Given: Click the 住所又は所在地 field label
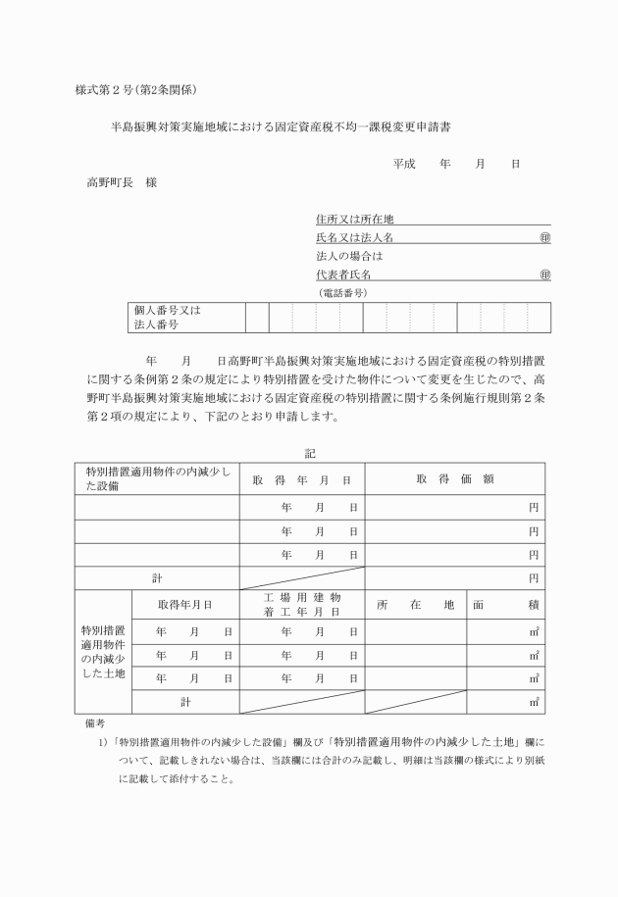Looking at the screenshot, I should pyautogui.click(x=355, y=220).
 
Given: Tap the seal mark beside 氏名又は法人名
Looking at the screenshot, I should pyautogui.click(x=544, y=238).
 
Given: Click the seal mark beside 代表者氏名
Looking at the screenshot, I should pyautogui.click(x=544, y=275).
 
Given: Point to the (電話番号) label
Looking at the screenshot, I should pyautogui.click(x=342, y=293).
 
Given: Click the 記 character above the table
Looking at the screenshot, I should pyautogui.click(x=310, y=454).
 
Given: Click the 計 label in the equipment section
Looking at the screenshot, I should pyautogui.click(x=157, y=578).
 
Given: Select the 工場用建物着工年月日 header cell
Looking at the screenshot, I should pyautogui.click(x=302, y=604).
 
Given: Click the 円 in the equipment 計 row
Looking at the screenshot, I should pyautogui.click(x=534, y=578).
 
